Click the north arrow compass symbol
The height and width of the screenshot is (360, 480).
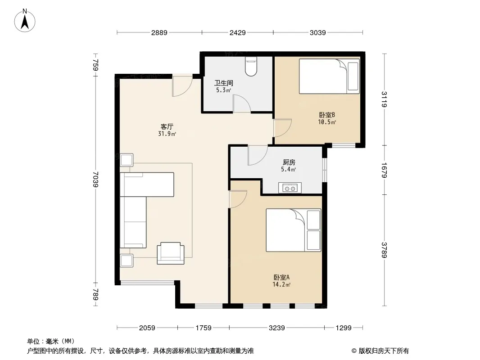25,21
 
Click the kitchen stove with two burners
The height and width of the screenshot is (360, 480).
290,188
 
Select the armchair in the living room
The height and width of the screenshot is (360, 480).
171,253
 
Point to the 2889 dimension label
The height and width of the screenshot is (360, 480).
159,32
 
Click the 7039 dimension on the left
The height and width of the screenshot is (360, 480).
96,179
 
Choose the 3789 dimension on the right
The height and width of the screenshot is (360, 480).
384,250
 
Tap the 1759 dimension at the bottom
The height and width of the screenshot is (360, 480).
203,328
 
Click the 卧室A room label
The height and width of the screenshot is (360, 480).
281,277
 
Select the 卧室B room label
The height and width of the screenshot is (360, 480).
327,115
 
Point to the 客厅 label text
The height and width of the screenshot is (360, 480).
167,126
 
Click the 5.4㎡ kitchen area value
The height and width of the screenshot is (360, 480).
289,170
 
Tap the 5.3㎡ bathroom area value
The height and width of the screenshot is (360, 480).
223,90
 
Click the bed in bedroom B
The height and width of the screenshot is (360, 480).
329,76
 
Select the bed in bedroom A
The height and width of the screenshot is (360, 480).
293,230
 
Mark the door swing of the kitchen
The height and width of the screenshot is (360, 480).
258,155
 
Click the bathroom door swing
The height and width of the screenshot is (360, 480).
242,103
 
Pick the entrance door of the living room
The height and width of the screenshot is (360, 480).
182,86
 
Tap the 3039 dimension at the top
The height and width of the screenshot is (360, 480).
318,32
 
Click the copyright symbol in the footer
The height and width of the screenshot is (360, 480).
354,351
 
